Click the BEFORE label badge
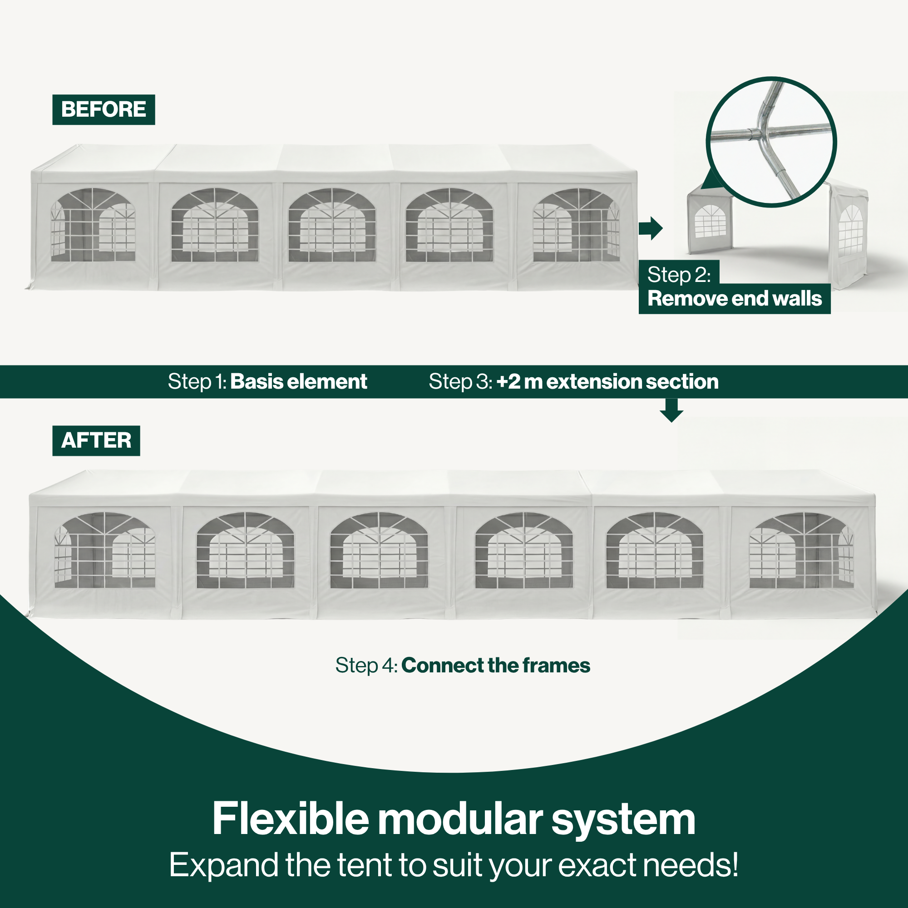point(104,109)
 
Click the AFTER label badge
point(96,440)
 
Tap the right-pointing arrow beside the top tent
point(651,228)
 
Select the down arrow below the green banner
point(671,410)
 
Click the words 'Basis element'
point(298,382)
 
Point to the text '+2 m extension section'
point(607,382)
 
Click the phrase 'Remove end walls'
point(735,298)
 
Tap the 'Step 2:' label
point(679,275)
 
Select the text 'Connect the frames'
point(495,666)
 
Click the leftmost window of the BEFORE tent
point(93,225)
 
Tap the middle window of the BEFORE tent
point(332,225)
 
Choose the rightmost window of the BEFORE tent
point(576,225)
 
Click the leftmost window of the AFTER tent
point(105,550)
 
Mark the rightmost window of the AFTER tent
point(801,550)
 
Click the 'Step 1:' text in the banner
point(197,382)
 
